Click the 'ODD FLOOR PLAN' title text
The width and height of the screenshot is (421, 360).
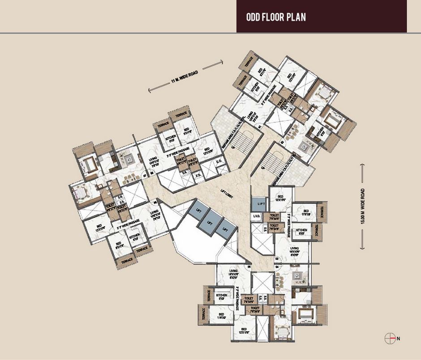276,18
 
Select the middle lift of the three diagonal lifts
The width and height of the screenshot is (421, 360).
210,222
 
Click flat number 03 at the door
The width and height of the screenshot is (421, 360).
277,258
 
